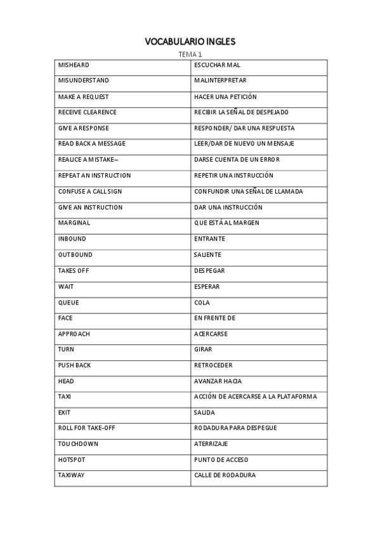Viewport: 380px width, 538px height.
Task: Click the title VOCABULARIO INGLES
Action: [x=190, y=41]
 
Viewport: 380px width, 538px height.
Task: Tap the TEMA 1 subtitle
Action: [x=190, y=55]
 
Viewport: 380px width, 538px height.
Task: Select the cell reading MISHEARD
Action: [x=74, y=65]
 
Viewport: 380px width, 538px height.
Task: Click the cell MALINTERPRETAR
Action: [x=220, y=81]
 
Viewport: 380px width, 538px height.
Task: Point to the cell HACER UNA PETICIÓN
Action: [x=225, y=96]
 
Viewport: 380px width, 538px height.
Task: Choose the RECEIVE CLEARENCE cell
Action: [x=88, y=112]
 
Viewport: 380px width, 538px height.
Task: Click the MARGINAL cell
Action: [x=74, y=223]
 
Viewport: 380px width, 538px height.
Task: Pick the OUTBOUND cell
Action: [x=75, y=255]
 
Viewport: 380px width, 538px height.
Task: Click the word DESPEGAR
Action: [x=209, y=271]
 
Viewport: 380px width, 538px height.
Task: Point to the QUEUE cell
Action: [x=69, y=303]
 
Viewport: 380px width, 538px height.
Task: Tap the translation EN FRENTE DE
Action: [x=214, y=318]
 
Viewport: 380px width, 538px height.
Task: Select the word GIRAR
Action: [x=203, y=350]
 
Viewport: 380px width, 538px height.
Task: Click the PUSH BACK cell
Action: [x=74, y=365]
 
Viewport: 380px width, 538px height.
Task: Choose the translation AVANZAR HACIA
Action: [x=218, y=381]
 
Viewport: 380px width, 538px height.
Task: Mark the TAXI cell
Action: [x=65, y=397]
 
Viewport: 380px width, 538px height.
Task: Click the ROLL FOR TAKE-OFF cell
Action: [x=86, y=428]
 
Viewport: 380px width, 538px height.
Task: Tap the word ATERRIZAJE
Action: [x=211, y=444]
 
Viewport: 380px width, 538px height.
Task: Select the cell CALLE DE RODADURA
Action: [x=225, y=475]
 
